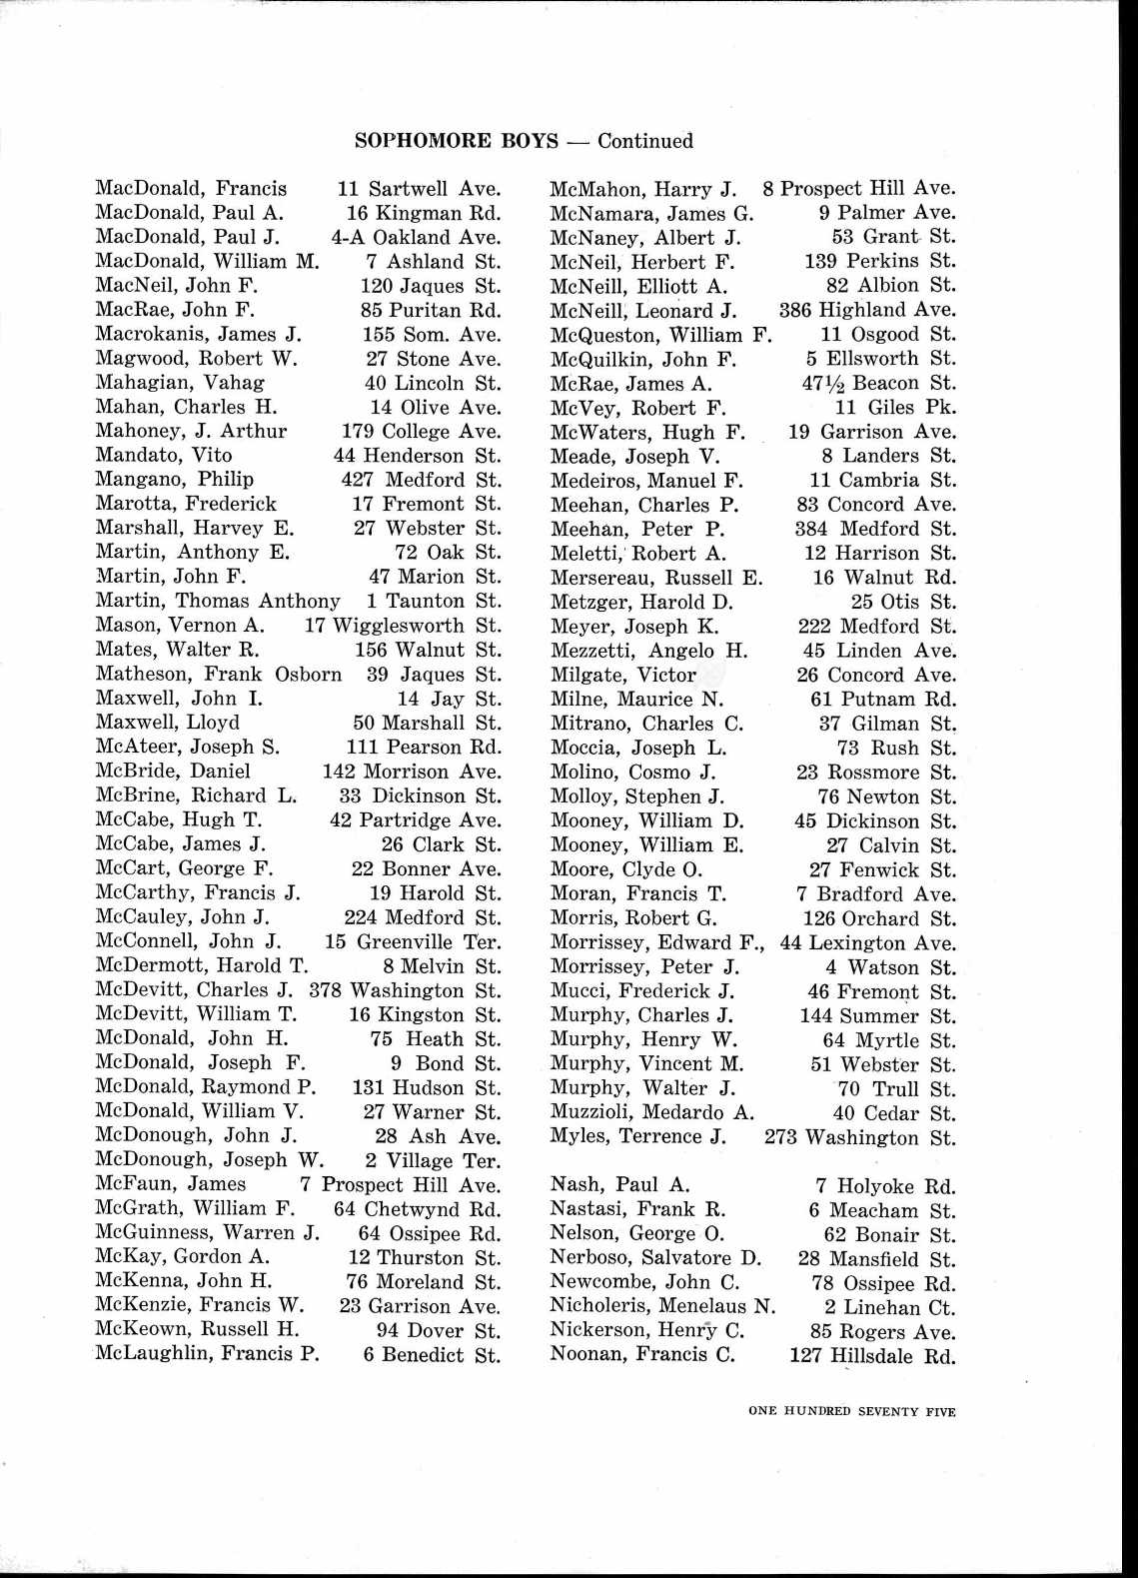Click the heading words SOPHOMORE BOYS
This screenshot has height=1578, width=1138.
(x=456, y=141)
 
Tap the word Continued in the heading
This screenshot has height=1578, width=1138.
(x=645, y=141)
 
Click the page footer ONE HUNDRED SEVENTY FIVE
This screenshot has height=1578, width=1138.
(x=851, y=1411)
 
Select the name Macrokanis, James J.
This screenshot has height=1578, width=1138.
(x=198, y=335)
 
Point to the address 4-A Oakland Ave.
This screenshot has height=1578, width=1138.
(x=416, y=238)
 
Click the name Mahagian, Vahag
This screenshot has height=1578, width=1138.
(x=180, y=383)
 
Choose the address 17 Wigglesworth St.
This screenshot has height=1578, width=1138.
(x=402, y=626)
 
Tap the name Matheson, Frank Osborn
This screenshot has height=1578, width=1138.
(x=218, y=675)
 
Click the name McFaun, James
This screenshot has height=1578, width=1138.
(x=170, y=1185)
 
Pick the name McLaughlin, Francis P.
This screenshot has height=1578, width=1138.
(x=207, y=1354)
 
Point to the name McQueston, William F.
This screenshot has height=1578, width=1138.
(x=660, y=335)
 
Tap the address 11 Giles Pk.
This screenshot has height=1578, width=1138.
(x=895, y=408)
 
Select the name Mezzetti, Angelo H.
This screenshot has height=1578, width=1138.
(x=648, y=651)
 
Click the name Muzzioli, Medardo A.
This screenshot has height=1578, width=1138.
(x=651, y=1112)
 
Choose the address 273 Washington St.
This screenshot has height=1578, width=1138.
(x=859, y=1137)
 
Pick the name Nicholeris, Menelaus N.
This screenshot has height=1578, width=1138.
(x=662, y=1306)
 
